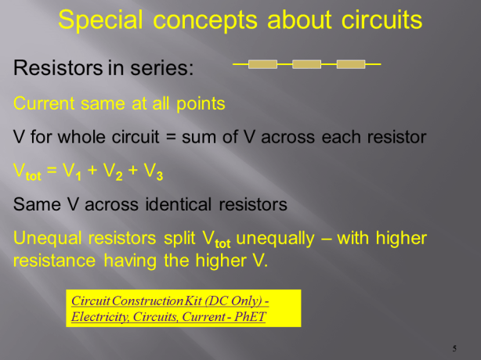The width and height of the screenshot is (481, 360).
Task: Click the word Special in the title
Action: click(x=100, y=20)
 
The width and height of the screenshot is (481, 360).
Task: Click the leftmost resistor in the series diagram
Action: click(x=262, y=64)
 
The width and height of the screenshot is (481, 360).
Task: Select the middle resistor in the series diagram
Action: click(x=306, y=64)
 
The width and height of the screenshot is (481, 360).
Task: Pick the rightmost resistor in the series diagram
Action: click(x=350, y=64)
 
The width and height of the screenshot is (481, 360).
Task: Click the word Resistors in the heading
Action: click(x=56, y=68)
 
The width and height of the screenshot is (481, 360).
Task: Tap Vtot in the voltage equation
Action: click(x=27, y=172)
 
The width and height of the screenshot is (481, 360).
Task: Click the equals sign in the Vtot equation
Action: click(x=52, y=171)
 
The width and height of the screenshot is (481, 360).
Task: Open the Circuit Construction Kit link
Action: click(x=170, y=301)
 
